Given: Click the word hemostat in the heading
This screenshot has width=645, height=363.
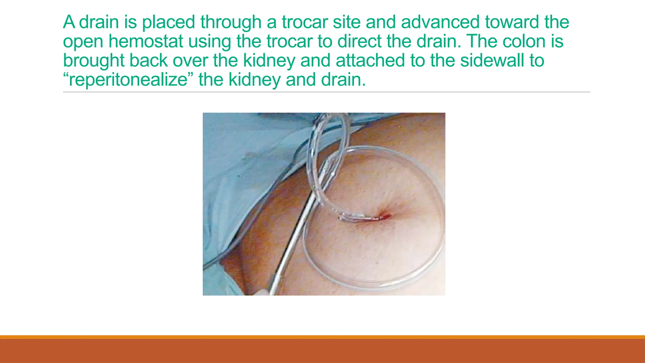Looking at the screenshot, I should coord(146,41).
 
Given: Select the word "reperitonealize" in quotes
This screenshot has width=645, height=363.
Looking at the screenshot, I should coord(127,80).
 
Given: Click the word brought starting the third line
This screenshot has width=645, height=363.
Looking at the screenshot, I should coord(94,60).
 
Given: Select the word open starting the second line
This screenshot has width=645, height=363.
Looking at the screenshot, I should coord(83,41).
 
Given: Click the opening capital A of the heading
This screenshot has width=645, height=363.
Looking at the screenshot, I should coord(69,22).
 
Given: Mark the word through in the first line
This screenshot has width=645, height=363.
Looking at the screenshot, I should coord(231,22).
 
